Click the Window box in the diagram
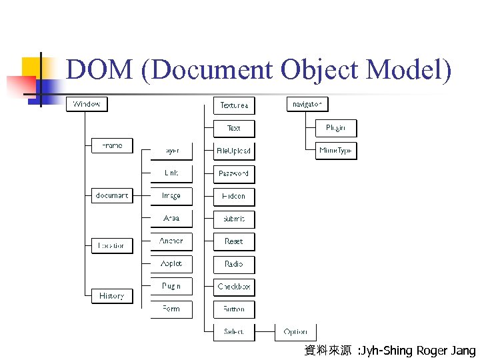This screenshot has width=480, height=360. (87, 105)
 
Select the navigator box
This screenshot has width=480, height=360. (307, 105)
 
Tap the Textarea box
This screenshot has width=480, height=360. (234, 105)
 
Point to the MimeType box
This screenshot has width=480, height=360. (335, 151)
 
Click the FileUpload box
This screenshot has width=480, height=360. (234, 151)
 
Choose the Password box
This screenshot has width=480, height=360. (234, 173)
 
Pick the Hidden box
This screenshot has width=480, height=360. (234, 196)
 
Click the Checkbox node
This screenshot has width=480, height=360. (234, 287)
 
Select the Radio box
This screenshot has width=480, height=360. (234, 264)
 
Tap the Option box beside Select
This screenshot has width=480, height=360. (295, 331)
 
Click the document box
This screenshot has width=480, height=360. (112, 195)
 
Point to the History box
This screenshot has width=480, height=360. (112, 295)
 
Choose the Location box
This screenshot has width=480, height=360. (112, 245)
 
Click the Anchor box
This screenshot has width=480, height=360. (171, 241)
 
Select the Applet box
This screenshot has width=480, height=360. (171, 263)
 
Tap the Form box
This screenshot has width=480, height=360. (171, 309)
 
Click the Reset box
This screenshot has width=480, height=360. (234, 241)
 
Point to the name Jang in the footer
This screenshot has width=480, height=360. (463, 351)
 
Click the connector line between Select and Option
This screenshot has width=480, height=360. (265, 331)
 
